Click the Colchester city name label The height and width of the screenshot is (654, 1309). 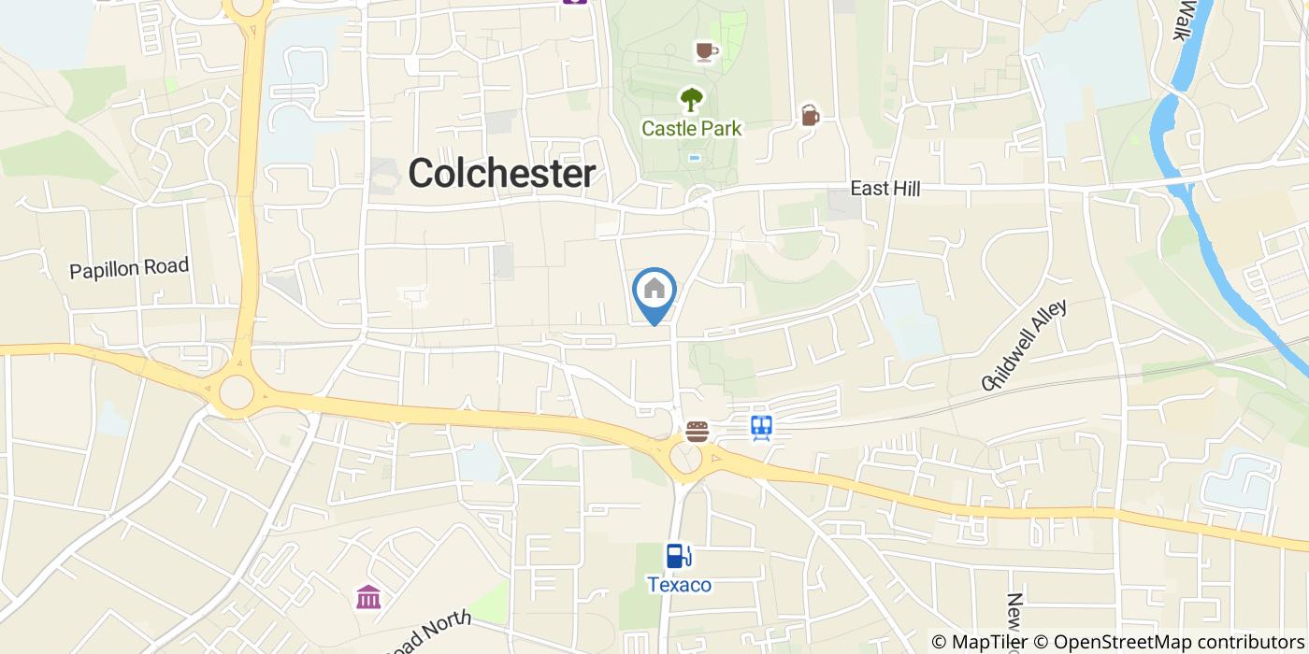(x=501, y=174)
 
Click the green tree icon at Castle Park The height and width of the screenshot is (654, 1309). (x=692, y=98)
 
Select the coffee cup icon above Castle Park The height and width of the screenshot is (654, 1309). (x=707, y=50)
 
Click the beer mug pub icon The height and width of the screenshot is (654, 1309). (x=810, y=115)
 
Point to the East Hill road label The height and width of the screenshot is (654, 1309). (x=885, y=189)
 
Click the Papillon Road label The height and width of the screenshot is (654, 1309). (x=129, y=268)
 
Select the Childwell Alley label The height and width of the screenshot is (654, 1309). (x=1024, y=345)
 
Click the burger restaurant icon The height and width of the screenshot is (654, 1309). (x=697, y=431)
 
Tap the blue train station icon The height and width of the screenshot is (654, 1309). (x=762, y=428)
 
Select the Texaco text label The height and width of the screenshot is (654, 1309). (x=680, y=586)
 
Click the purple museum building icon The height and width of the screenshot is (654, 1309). (x=368, y=596)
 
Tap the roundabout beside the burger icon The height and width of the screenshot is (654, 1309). (x=687, y=458)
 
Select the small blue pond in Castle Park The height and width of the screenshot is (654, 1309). (x=694, y=158)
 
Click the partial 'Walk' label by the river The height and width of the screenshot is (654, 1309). (x=1187, y=19)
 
